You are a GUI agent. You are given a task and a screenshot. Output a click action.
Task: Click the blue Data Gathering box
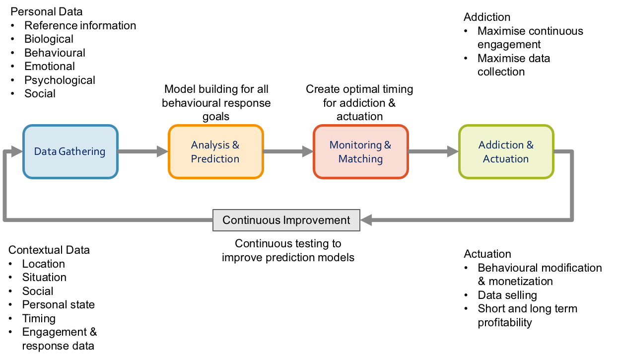tap(70, 151)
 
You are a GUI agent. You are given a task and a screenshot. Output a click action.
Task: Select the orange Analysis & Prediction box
tap(215, 151)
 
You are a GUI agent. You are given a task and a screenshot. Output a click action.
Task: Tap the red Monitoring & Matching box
tap(360, 151)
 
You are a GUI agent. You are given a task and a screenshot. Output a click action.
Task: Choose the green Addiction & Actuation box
tap(506, 151)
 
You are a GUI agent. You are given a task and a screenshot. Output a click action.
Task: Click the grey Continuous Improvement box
tap(286, 220)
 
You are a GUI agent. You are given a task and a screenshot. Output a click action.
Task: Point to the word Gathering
tap(82, 151)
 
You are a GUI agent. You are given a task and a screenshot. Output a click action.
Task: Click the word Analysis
tap(210, 145)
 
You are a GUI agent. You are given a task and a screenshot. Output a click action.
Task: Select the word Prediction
tap(215, 159)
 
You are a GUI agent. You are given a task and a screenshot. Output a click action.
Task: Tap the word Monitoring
tap(355, 145)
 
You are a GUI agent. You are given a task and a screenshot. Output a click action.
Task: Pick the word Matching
tap(360, 159)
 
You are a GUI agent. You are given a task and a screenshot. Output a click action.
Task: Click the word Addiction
tap(501, 145)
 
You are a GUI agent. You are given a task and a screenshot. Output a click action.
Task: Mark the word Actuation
tap(506, 159)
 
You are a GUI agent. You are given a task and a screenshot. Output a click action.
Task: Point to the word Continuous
tap(251, 220)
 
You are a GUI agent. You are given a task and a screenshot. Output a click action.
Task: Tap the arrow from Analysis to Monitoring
tap(288, 151)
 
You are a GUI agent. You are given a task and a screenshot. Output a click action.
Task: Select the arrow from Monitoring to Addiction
tap(433, 151)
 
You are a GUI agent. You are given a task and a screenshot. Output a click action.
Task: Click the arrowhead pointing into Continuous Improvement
tap(366, 220)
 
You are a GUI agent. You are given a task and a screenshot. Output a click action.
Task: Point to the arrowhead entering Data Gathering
tap(17, 151)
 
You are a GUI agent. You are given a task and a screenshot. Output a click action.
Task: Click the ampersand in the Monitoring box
tap(387, 145)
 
